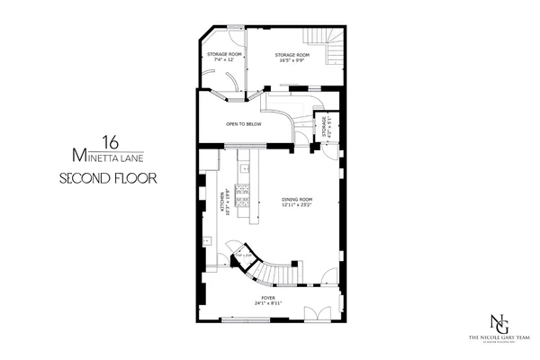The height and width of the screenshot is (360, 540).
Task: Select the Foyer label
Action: pos(267,296)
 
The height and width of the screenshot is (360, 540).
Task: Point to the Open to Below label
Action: pos(243,123)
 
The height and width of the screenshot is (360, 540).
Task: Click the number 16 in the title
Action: pos(110,141)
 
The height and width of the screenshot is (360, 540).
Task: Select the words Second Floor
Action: pos(107,178)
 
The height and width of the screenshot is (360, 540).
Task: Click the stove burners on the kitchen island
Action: pos(245,167)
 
